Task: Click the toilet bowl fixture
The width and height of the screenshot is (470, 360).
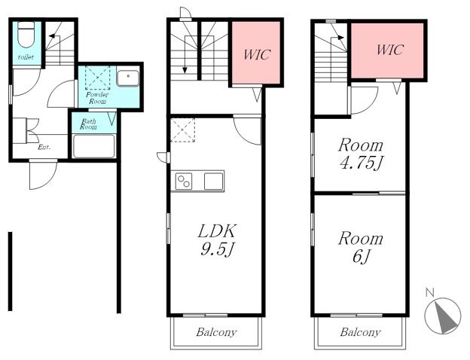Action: point(26,35)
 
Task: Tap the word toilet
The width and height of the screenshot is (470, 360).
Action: point(26,57)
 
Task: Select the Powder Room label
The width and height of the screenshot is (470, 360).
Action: point(97,98)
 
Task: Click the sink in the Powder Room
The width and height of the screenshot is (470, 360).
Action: point(128,78)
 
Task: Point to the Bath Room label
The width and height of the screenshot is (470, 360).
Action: point(88,124)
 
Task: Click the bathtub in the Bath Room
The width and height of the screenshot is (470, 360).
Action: point(94,146)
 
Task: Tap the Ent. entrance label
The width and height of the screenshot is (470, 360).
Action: point(44,147)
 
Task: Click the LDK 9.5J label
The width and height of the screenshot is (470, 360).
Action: point(218,239)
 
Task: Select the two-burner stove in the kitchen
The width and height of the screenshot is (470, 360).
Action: point(184,182)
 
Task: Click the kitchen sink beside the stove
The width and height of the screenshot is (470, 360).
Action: point(214,182)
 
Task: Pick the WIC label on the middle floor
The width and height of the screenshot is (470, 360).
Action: point(257,54)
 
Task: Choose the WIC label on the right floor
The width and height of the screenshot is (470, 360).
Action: point(390,50)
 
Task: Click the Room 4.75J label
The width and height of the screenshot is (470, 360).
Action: point(361,154)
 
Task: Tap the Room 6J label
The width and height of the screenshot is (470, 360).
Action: point(361,248)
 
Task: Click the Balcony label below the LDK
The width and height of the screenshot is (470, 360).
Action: point(216,332)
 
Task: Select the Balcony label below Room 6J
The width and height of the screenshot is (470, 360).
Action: point(360,332)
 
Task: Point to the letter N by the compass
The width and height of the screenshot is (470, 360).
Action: point(430,292)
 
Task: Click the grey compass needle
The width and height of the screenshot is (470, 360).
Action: point(447,318)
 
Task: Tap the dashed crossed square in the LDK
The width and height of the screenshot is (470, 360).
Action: point(183,130)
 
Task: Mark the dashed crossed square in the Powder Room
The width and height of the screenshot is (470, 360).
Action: point(98,78)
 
